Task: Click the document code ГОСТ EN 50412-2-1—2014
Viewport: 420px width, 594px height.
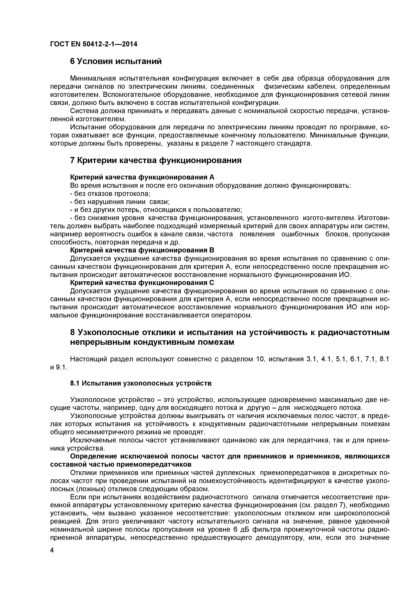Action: click(x=94, y=44)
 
